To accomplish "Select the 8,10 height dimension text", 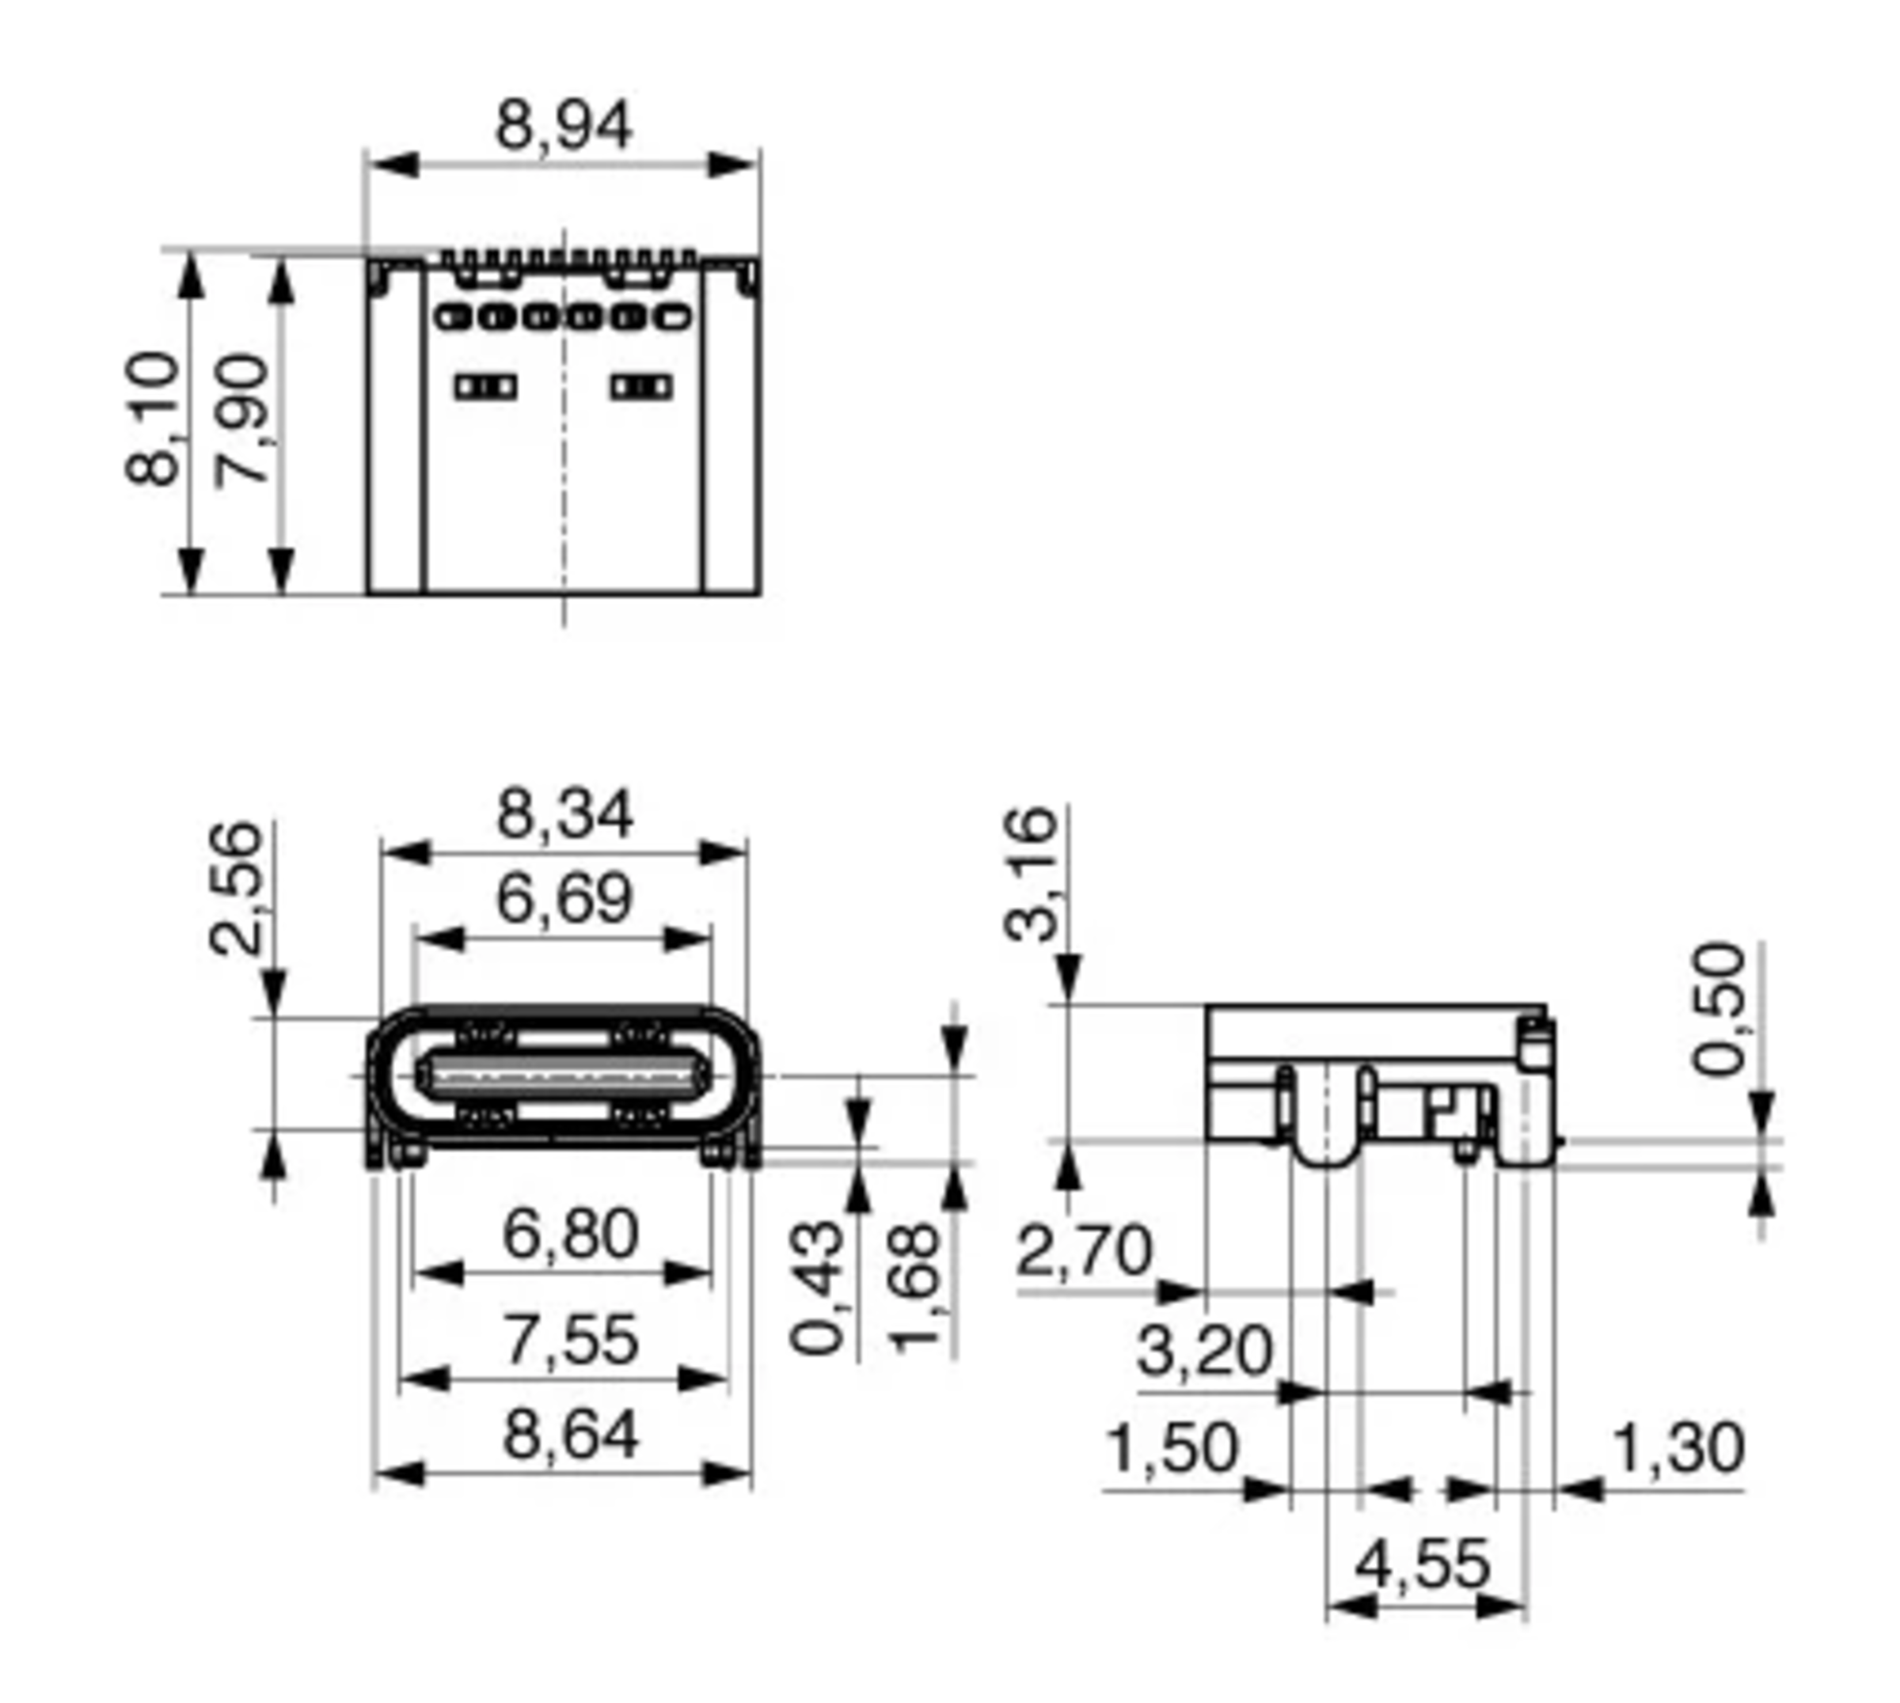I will [153, 419].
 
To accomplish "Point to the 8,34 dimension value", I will [564, 814].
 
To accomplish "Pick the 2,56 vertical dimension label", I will [236, 889].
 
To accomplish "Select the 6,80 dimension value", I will [570, 1235].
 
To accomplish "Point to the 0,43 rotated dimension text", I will [818, 1288].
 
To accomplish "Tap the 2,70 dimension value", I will [1084, 1252].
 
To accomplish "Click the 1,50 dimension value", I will [1172, 1448].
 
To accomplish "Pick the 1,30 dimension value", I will [1679, 1448].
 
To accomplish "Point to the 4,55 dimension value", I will [1423, 1565].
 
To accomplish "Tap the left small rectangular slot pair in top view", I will [486, 386].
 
